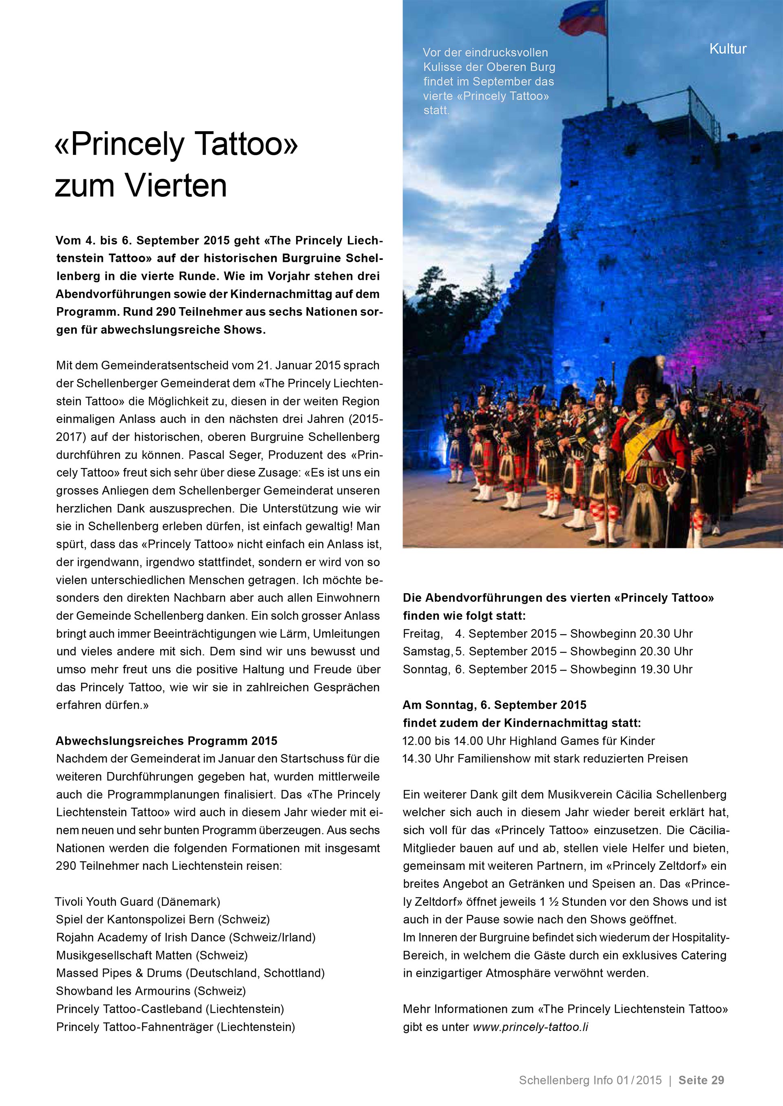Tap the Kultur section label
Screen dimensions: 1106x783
coord(728,48)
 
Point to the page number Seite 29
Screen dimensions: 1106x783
coord(701,1080)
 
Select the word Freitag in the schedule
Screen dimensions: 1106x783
coord(422,633)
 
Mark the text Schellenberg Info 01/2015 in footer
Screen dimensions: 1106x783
coord(590,1080)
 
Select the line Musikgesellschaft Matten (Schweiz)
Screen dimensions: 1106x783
coord(152,955)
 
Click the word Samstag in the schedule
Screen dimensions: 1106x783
coord(426,651)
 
